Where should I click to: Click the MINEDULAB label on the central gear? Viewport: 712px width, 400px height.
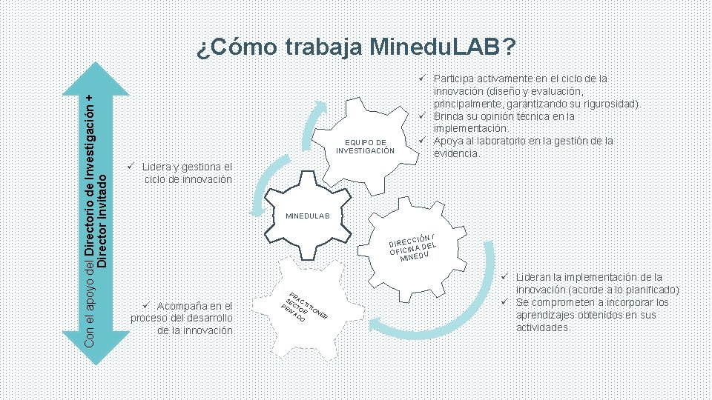click(311, 217)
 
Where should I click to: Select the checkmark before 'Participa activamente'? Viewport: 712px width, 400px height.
click(421, 77)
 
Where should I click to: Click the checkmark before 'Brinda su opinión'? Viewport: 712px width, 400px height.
click(421, 116)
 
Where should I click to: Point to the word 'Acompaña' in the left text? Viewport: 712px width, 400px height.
click(181, 306)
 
